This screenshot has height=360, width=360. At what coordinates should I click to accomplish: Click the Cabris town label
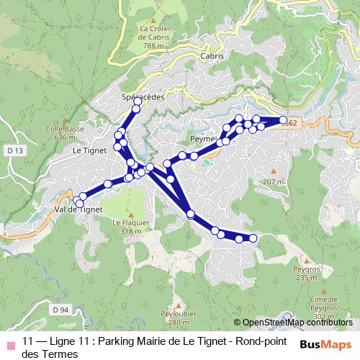pos(213,55)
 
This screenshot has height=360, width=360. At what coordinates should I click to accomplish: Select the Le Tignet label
pos(89,150)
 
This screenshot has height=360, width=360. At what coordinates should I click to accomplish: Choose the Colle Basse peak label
pos(60,133)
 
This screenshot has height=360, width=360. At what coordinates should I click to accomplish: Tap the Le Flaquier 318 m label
pos(130,227)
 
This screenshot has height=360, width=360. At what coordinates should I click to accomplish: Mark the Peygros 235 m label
pos(305,274)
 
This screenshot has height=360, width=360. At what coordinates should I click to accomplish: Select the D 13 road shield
pos(18,150)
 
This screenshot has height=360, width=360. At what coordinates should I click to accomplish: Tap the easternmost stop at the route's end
pos(284,121)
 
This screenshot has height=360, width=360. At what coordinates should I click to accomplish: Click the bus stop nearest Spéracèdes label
pos(138,102)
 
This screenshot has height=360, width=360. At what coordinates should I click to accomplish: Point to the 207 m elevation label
pos(274,181)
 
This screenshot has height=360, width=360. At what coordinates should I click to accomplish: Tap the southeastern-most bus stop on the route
pos(253,238)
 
